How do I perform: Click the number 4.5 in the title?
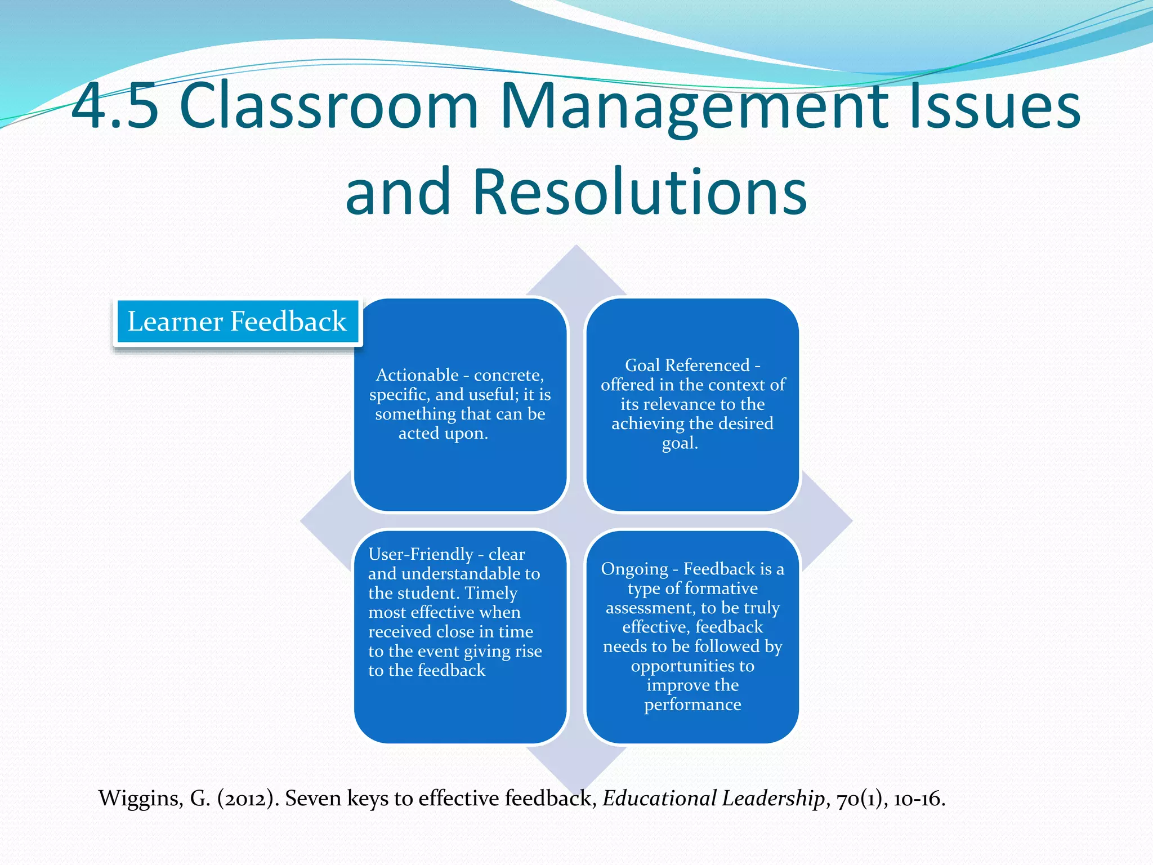tap(115, 106)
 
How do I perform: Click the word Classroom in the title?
tap(329, 106)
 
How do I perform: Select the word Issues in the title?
tap(994, 106)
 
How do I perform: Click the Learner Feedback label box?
tap(237, 322)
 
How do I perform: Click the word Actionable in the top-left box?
tap(417, 375)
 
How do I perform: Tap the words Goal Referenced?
tap(687, 365)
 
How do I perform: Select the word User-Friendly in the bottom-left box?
tap(421, 554)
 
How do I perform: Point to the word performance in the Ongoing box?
tap(692, 705)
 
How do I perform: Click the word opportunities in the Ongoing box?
tap(692, 666)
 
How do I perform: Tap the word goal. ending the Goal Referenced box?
tap(680, 443)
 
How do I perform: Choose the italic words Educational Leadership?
tap(714, 799)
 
